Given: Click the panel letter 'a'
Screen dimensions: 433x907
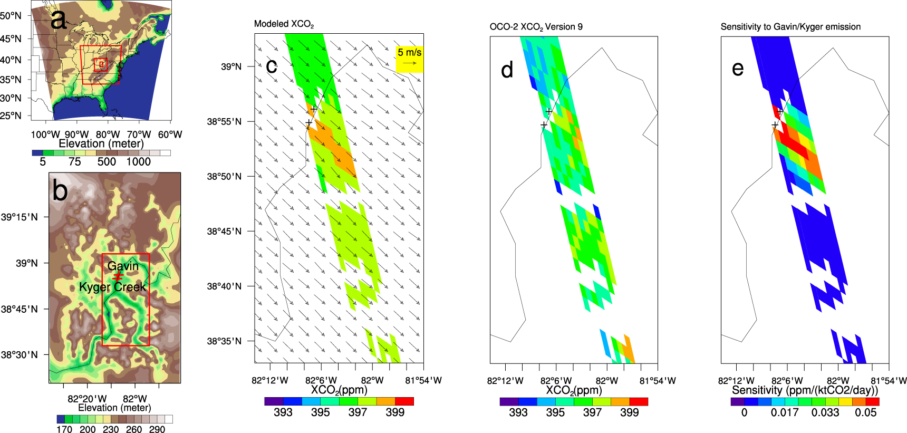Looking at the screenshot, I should pos(59,20).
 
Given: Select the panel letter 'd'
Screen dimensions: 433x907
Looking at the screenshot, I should pos(507,70).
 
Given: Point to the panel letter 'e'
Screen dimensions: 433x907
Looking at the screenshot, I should pos(738,69).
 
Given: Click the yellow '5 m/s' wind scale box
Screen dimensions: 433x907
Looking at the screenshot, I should pos(410,59).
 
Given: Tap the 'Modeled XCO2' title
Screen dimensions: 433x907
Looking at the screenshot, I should pos(284,24).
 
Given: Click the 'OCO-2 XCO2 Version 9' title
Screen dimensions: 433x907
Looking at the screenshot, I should pos(536,27).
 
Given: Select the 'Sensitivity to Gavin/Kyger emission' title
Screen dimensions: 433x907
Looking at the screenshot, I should pos(790,27).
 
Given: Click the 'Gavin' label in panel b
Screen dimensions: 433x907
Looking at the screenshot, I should pos(123,266).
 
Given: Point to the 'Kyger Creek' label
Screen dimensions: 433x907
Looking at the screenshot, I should pos(112,287).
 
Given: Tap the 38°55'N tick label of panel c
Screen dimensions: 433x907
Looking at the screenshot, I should pos(224,122).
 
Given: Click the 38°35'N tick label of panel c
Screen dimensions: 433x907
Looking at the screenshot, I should pos(224,341).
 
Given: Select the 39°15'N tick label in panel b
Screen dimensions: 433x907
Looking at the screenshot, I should pos(20,217).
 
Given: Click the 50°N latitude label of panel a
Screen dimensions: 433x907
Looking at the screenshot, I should pos(11,16).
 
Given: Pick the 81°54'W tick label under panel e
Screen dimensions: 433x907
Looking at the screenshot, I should pos(889,381).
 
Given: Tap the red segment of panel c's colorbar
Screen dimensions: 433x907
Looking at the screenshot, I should pos(404,401).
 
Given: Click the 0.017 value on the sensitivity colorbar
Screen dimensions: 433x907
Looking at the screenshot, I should pos(785,412).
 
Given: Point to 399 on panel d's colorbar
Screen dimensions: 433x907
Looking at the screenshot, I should pos(629,412).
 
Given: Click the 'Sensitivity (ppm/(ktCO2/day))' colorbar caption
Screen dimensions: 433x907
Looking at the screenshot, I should pos(805,390).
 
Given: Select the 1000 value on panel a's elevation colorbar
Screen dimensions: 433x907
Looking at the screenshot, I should pos(138,162).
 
